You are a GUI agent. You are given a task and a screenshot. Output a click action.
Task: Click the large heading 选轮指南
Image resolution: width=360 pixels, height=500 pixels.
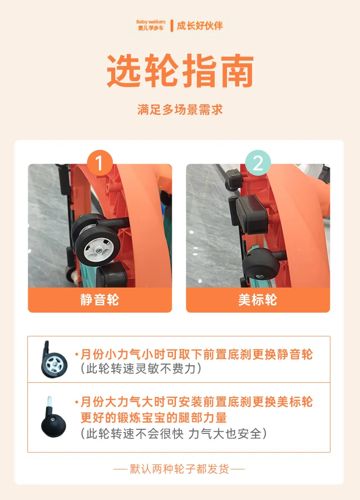click(x=180, y=71)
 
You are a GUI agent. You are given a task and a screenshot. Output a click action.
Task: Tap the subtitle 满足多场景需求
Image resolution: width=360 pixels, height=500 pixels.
click(x=180, y=110)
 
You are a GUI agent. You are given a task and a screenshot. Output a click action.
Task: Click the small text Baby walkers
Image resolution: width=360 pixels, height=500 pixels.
click(x=151, y=22)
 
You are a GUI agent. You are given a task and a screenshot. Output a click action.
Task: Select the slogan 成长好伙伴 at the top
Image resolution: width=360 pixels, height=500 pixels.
click(x=200, y=26)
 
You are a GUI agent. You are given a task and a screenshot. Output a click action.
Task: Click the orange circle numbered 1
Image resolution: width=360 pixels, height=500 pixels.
click(x=100, y=163)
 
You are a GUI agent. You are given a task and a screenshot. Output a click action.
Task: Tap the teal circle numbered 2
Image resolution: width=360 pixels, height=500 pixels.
click(x=258, y=163)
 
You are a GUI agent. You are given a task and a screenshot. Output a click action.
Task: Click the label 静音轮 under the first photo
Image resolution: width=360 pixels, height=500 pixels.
click(x=100, y=300)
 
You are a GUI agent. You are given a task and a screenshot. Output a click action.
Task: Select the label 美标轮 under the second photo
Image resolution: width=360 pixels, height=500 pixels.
click(x=258, y=300)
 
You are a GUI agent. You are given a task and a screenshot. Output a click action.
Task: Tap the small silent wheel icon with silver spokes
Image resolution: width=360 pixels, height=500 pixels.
click(x=54, y=360)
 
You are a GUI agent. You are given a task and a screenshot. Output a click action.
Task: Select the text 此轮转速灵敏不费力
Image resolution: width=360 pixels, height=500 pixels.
click(x=141, y=369)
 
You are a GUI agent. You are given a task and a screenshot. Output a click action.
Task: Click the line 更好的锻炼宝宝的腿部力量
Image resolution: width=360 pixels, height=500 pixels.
click(x=154, y=418)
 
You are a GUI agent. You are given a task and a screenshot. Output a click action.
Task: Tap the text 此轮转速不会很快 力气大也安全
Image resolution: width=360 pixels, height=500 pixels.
click(x=174, y=433)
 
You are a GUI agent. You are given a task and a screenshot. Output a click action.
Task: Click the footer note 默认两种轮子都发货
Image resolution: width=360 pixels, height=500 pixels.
click(x=180, y=469)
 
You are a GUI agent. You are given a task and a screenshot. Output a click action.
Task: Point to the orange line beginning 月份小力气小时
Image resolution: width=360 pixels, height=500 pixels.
click(x=194, y=354)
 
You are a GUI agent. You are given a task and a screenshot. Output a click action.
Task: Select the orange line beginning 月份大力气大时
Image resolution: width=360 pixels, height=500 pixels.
click(x=194, y=402)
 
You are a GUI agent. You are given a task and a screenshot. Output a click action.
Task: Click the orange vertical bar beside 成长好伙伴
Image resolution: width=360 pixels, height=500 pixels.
click(x=172, y=26)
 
